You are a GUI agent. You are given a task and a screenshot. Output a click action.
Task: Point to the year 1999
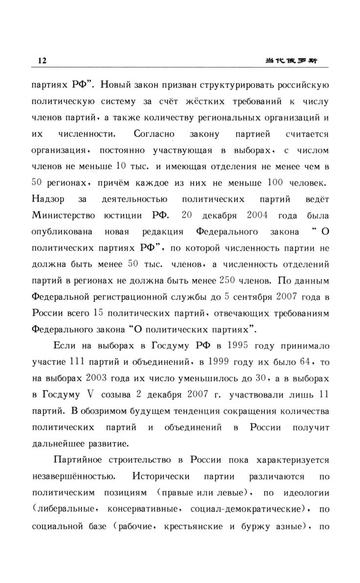coord(215,364)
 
